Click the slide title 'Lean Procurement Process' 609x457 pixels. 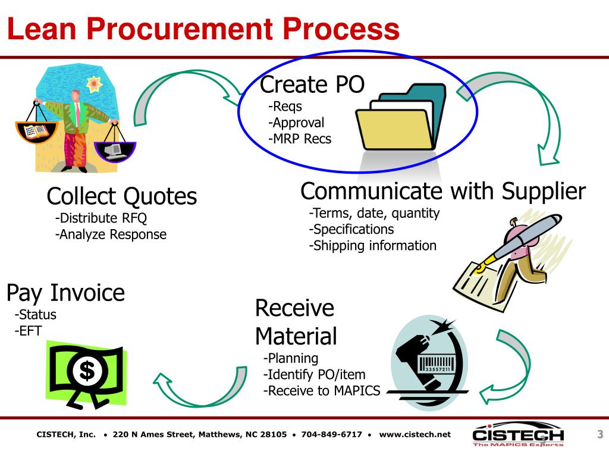click(203, 29)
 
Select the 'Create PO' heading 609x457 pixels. click(312, 84)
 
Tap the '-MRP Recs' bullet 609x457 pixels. click(300, 139)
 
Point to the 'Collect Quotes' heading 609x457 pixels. click(122, 196)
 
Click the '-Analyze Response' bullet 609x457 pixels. click(111, 234)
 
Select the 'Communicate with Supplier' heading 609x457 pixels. click(443, 192)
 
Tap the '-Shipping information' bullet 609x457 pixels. click(372, 245)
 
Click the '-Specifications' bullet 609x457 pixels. click(351, 229)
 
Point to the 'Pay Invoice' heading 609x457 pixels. click(66, 293)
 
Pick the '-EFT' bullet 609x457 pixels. click(29, 331)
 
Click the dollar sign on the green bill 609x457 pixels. click(87, 371)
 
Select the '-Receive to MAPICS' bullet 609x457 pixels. click(321, 391)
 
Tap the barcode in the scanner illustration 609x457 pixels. click(436, 364)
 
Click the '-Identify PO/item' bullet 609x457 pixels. click(314, 375)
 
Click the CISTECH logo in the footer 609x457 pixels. click(518, 436)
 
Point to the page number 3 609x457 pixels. click(600, 434)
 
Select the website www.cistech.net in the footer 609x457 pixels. click(415, 434)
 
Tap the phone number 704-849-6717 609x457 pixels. click(331, 434)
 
